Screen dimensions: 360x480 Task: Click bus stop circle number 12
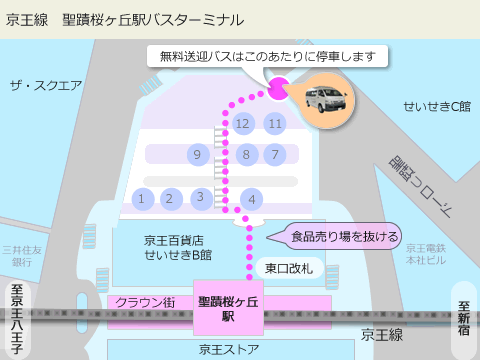[x=242, y=124]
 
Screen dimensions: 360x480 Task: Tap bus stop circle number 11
[x=275, y=124]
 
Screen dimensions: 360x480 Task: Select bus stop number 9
[x=197, y=154]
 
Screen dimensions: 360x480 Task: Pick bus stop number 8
[x=246, y=154]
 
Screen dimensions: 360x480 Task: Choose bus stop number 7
[x=274, y=154]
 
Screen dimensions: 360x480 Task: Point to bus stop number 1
[x=142, y=199]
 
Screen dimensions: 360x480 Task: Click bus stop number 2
[x=170, y=199]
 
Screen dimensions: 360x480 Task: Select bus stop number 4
[x=252, y=200]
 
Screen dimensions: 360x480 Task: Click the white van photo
[x=323, y=101]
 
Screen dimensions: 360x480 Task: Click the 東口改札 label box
[x=289, y=268]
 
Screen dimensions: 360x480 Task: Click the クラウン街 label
[x=146, y=302]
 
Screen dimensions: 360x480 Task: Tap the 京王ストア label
[x=229, y=349]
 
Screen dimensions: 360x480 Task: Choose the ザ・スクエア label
[x=45, y=85]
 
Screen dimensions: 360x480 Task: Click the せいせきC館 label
[x=436, y=106]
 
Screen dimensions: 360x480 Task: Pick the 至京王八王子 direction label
[x=16, y=320]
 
